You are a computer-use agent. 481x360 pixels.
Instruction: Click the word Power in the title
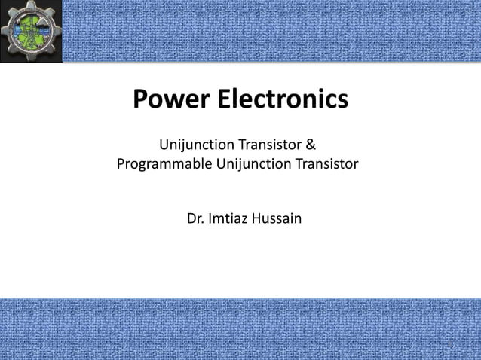(x=170, y=99)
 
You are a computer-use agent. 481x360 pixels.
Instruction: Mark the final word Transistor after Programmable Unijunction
(x=326, y=163)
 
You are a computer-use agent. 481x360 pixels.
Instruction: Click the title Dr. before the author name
(x=195, y=219)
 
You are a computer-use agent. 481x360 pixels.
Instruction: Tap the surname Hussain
(x=277, y=219)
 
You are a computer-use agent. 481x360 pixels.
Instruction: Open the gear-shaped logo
(x=31, y=32)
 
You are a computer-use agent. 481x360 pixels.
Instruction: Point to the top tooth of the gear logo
(x=32, y=4)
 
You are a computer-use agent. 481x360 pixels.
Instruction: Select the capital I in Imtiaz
(x=209, y=219)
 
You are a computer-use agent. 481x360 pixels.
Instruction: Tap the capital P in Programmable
(x=121, y=163)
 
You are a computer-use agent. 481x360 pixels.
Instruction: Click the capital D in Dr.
(x=190, y=219)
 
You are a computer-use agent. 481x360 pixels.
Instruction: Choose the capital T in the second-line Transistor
(x=296, y=163)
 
